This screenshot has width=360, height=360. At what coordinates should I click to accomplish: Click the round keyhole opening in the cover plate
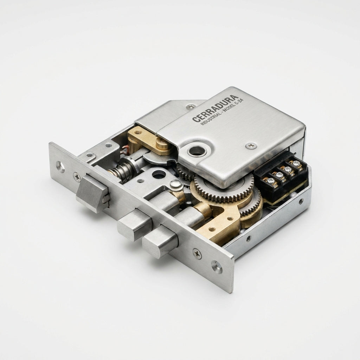197,150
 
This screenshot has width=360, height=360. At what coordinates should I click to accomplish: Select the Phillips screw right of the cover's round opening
251,145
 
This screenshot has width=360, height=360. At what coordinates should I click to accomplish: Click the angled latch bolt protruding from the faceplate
93,193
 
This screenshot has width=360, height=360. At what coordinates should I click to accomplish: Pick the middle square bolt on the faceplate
135,225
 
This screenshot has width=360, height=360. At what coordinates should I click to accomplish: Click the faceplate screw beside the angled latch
77,177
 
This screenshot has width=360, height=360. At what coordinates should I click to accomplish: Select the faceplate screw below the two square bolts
197,254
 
